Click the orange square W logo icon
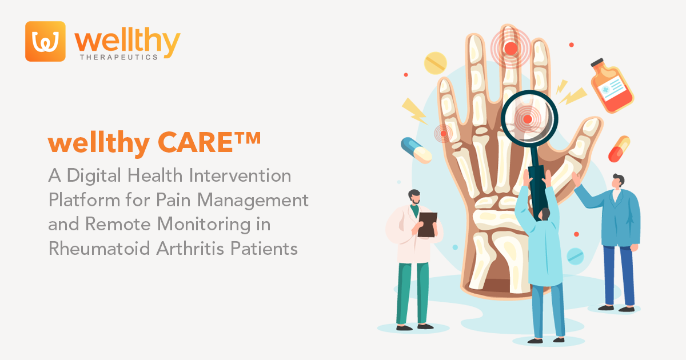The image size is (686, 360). point(45,41)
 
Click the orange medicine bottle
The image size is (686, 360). point(611,85)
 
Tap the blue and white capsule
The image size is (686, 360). point(416,150)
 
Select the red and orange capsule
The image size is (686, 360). point(619,149)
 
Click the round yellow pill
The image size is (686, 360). point(436,62)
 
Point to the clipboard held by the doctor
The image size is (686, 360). point(427,224)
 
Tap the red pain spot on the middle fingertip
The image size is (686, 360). point(510,48)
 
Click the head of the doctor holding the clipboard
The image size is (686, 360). point(414,197)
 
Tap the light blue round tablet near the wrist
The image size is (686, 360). point(575,257)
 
